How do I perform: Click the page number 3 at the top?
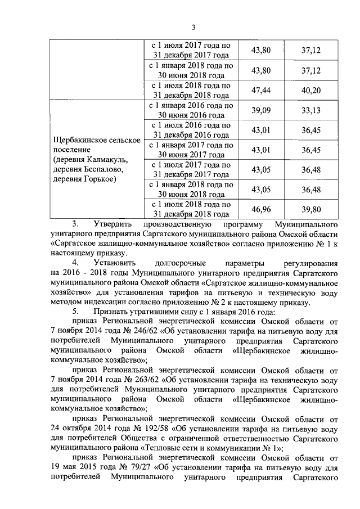(x=193, y=28)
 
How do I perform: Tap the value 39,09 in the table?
(x=260, y=110)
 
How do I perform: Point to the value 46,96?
(x=260, y=209)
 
